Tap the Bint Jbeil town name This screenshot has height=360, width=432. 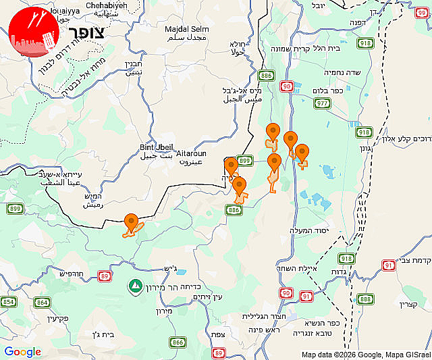pyautogui.click(x=157, y=147)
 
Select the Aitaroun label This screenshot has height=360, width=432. pyautogui.click(x=191, y=154)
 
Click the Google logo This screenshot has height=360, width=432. pyautogui.click(x=22, y=352)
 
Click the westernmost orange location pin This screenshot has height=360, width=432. pyautogui.click(x=132, y=221)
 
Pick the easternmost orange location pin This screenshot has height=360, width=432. pyautogui.click(x=302, y=152)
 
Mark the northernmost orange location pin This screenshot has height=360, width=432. pyautogui.click(x=273, y=131)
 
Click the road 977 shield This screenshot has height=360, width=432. pyautogui.click(x=322, y=103)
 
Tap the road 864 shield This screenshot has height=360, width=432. pyautogui.click(x=43, y=302)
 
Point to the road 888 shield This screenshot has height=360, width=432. pyautogui.click(x=365, y=299)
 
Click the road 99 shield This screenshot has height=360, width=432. pyautogui.click(x=423, y=5)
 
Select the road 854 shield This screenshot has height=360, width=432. pyautogui.click(x=7, y=302)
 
